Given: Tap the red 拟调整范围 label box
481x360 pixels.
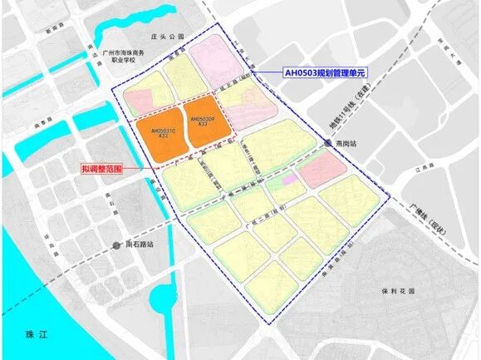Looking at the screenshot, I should [x=101, y=168].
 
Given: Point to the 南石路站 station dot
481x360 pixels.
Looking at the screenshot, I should [x=116, y=244].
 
